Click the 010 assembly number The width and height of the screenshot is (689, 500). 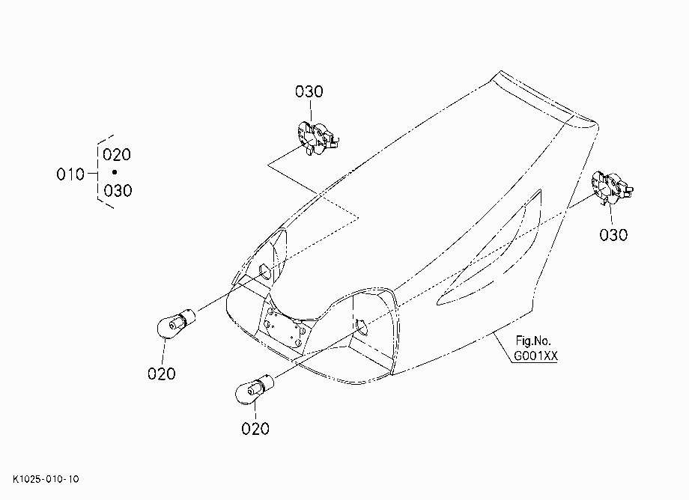pyautogui.click(x=70, y=174)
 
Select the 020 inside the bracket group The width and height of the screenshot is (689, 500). pyautogui.click(x=117, y=154)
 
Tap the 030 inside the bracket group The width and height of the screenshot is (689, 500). pyautogui.click(x=118, y=191)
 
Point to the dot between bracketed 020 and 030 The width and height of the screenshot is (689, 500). pyautogui.click(x=115, y=172)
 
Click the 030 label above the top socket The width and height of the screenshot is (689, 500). pyautogui.click(x=309, y=92)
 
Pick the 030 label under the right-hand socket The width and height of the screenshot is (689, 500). pyautogui.click(x=613, y=235)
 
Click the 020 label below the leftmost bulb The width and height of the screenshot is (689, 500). pyautogui.click(x=161, y=374)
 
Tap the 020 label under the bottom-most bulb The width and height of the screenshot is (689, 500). pyautogui.click(x=255, y=428)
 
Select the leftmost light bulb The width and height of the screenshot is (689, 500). pyautogui.click(x=175, y=324)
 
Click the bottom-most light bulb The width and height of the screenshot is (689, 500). pyautogui.click(x=255, y=388)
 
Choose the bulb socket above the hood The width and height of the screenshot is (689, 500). pyautogui.click(x=318, y=138)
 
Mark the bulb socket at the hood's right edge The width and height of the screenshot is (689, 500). pyautogui.click(x=613, y=188)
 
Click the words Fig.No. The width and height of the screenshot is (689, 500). pyautogui.click(x=533, y=341)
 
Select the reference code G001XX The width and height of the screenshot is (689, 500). pyautogui.click(x=535, y=356)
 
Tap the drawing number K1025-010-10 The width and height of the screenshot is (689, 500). pyautogui.click(x=46, y=479)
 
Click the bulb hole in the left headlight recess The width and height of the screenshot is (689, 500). pyautogui.click(x=264, y=271)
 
